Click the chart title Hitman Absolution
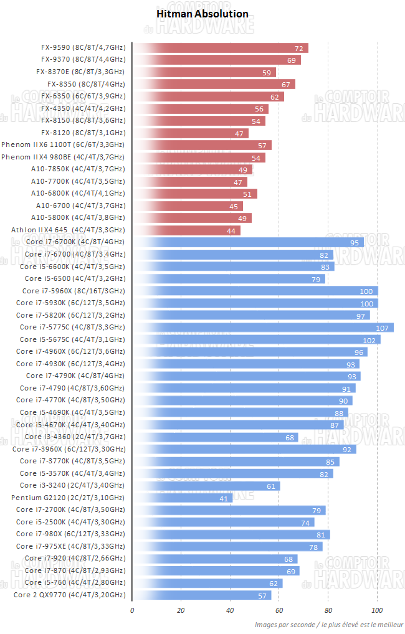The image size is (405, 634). (x=202, y=14)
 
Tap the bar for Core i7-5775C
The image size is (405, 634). (x=262, y=327)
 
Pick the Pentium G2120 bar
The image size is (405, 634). (x=182, y=498)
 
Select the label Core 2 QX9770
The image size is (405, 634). (x=69, y=595)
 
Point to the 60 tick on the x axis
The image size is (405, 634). (x=279, y=610)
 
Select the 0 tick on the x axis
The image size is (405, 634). (x=132, y=610)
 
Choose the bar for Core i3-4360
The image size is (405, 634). (x=215, y=437)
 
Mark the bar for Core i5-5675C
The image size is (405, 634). (x=255, y=339)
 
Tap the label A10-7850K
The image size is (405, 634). (x=77, y=169)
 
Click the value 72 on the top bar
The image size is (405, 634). (x=299, y=48)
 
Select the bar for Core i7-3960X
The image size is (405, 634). (x=244, y=449)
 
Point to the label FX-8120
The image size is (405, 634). (x=83, y=133)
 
